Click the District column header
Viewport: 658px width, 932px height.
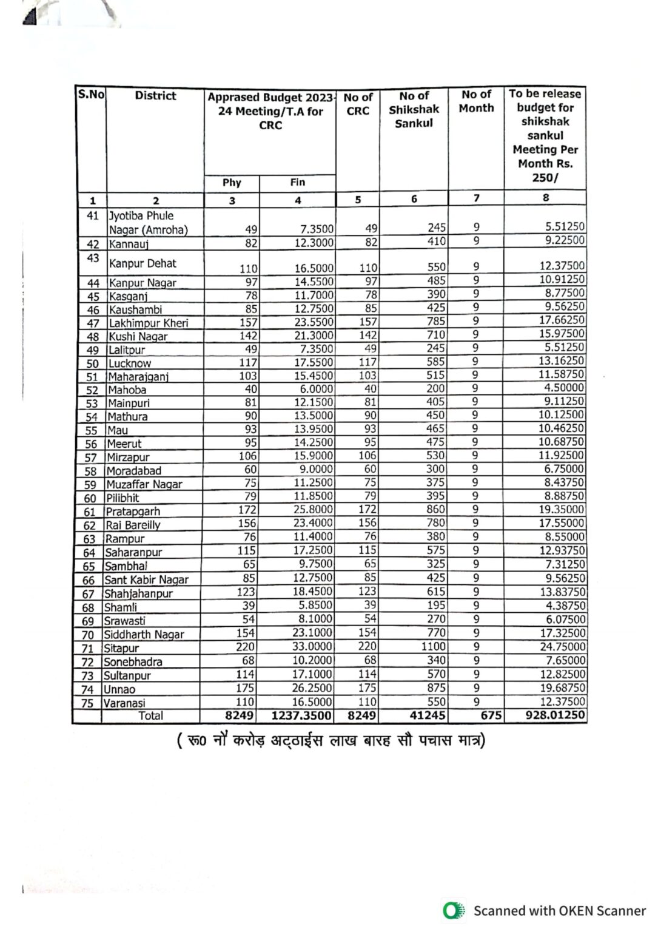click(x=155, y=96)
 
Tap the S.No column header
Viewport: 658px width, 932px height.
click(x=91, y=95)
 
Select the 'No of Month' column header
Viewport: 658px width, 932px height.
click(x=476, y=101)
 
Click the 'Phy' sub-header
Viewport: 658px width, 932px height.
click(x=232, y=183)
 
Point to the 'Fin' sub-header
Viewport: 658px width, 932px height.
click(x=297, y=182)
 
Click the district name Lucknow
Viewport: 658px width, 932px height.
click(x=130, y=363)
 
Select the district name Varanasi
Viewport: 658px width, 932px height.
click(x=124, y=703)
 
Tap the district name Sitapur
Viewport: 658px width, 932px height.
click(x=121, y=648)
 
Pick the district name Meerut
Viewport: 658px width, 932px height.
click(x=124, y=444)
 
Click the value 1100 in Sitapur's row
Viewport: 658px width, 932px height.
click(x=433, y=647)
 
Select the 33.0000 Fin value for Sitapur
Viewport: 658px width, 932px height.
click(x=312, y=647)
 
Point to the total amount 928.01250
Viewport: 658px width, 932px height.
click(x=555, y=715)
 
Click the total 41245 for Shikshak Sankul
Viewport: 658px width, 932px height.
click(x=427, y=715)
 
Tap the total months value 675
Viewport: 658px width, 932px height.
click(x=491, y=715)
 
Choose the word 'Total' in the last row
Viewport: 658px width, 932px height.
click(x=150, y=715)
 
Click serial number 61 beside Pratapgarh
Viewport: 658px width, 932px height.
click(x=90, y=512)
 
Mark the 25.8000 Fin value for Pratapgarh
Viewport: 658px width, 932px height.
click(x=312, y=510)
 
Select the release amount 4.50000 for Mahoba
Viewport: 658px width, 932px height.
click(x=564, y=388)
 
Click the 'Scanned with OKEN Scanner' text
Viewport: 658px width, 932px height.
click(x=559, y=911)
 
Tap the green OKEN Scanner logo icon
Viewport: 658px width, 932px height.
click(x=453, y=911)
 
